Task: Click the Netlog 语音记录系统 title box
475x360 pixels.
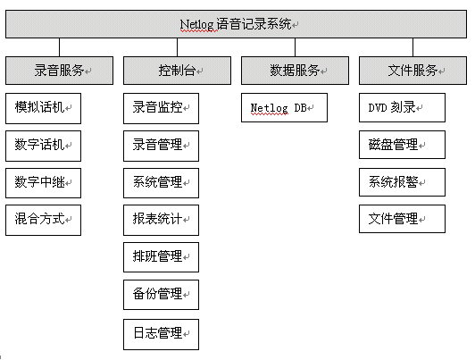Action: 236,24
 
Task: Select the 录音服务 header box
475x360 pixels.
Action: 59,71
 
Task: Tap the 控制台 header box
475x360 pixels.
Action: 177,71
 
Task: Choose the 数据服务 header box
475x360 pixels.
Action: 295,71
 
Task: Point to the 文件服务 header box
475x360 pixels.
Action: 412,71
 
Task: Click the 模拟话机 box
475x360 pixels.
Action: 44,108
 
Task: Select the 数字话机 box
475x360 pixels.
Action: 44,147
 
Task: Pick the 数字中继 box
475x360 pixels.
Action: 44,183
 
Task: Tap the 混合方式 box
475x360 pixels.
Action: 44,220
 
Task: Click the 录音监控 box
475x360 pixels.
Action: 161,108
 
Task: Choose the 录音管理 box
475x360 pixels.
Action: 161,147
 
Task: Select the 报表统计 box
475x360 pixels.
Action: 161,220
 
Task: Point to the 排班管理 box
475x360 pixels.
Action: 161,257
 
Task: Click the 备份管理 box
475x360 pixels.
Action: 161,295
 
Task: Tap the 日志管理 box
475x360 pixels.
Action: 161,334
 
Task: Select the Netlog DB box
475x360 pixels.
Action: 285,108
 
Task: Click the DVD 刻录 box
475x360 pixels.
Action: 403,108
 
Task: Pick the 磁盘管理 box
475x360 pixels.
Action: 403,145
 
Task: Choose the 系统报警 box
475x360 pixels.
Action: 403,182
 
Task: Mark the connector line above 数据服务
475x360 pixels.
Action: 295,47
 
